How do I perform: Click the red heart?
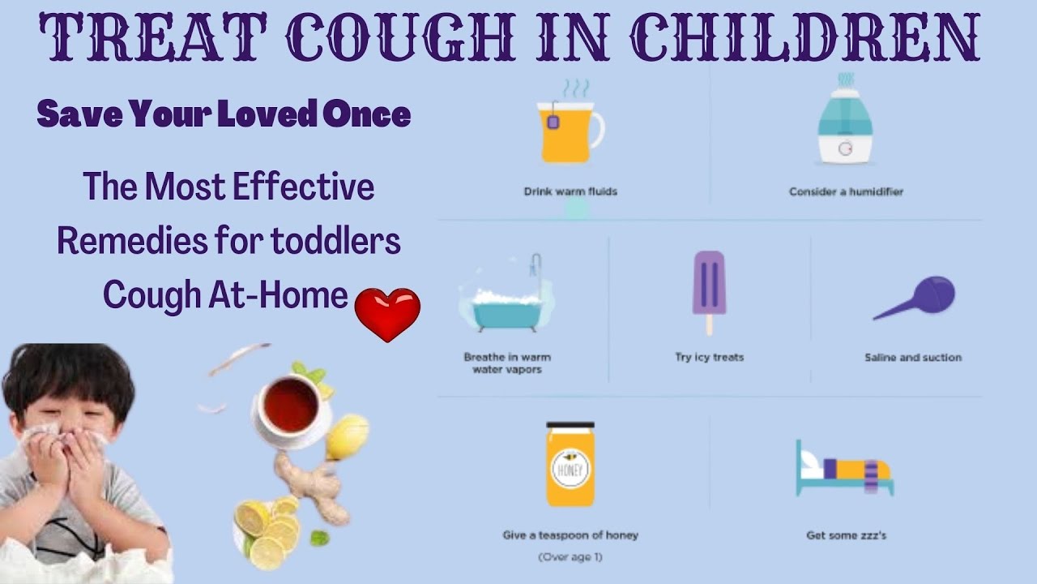pyautogui.click(x=388, y=314)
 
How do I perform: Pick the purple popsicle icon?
pyautogui.click(x=709, y=288)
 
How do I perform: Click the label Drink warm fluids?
pyautogui.click(x=570, y=192)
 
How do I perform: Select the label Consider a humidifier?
pyautogui.click(x=846, y=192)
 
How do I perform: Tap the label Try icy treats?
pyautogui.click(x=709, y=357)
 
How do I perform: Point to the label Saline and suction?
pyautogui.click(x=913, y=357)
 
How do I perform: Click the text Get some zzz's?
pyautogui.click(x=846, y=535)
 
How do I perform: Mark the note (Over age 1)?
pyautogui.click(x=570, y=557)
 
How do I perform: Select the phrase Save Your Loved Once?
pyautogui.click(x=224, y=115)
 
